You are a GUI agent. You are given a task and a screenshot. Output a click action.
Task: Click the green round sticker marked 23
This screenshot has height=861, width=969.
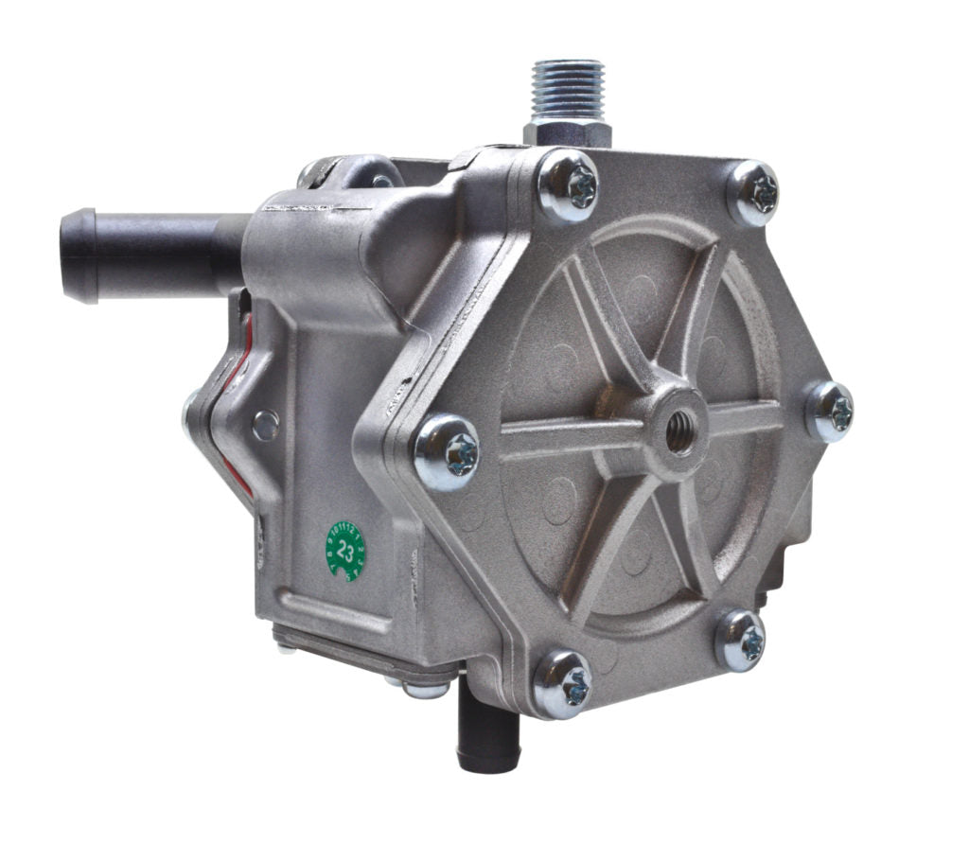(345, 550)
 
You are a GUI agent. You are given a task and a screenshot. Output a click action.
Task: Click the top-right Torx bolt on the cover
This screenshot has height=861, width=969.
(753, 193)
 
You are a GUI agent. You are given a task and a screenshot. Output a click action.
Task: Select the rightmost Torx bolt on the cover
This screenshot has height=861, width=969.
(830, 412)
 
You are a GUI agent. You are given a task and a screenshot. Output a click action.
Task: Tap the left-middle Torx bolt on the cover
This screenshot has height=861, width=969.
(448, 453)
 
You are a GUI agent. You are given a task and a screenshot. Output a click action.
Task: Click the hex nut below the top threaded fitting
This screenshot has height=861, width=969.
(568, 132)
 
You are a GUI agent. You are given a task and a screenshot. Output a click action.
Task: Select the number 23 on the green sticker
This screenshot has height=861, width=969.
(345, 550)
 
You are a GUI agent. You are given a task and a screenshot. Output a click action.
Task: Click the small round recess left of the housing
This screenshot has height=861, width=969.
(266, 425)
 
